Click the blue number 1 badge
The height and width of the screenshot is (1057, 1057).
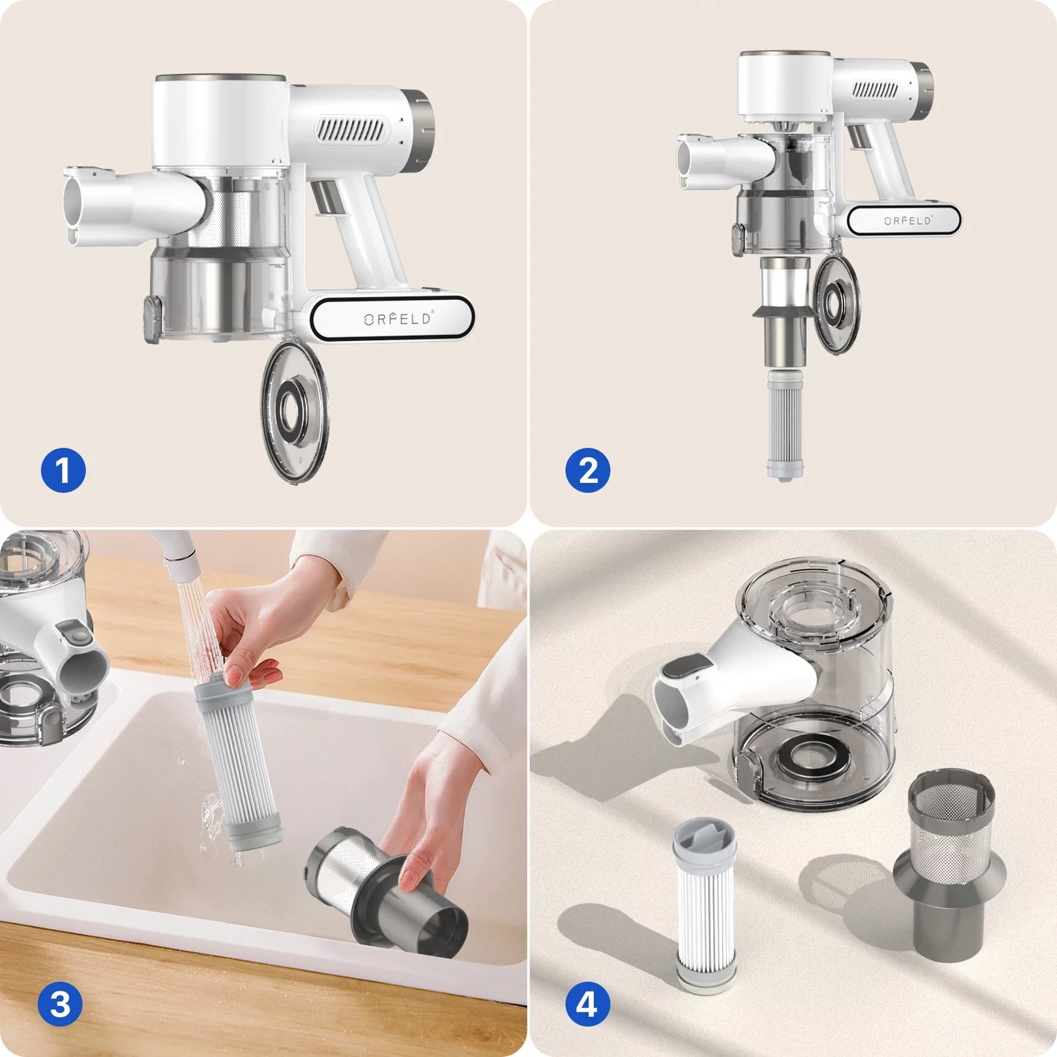pos(63,470)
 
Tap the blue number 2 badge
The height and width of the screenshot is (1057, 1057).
pos(587,470)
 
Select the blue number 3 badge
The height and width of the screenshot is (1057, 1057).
pos(60,1004)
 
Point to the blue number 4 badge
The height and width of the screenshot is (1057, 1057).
pos(587,1004)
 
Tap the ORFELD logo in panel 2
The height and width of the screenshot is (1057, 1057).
pos(908,220)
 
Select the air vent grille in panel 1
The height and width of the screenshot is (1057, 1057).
pos(350,130)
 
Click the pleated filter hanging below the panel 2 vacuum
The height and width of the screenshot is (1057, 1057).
pos(785,425)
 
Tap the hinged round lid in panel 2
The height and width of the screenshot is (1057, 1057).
pos(837,304)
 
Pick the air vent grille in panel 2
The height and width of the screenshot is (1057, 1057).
pos(876,90)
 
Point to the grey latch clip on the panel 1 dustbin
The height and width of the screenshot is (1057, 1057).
pos(152,320)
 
